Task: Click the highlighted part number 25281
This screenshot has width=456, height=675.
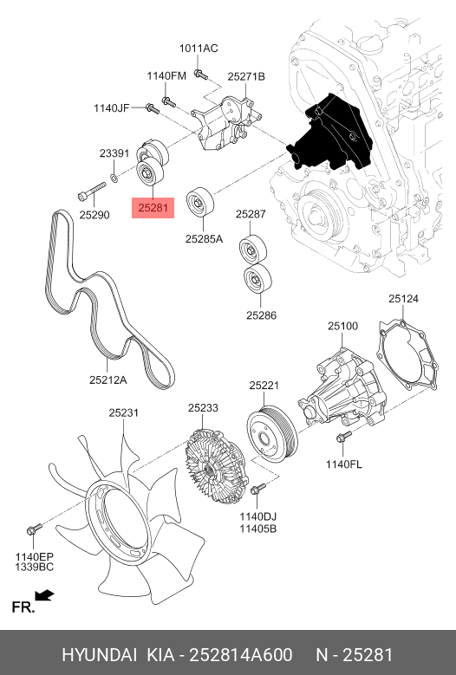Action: pyautogui.click(x=153, y=208)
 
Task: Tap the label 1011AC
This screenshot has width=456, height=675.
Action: pyautogui.click(x=199, y=49)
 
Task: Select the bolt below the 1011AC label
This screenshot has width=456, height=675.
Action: pyautogui.click(x=200, y=75)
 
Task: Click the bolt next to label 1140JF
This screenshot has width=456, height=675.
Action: pyautogui.click(x=153, y=108)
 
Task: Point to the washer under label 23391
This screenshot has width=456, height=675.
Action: pyautogui.click(x=114, y=177)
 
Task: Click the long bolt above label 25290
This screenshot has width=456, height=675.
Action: pyautogui.click(x=92, y=192)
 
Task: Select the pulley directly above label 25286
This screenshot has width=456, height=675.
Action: pyautogui.click(x=257, y=278)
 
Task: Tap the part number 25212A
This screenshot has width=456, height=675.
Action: pyautogui.click(x=108, y=380)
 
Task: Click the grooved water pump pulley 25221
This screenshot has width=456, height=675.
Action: pyautogui.click(x=272, y=433)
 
